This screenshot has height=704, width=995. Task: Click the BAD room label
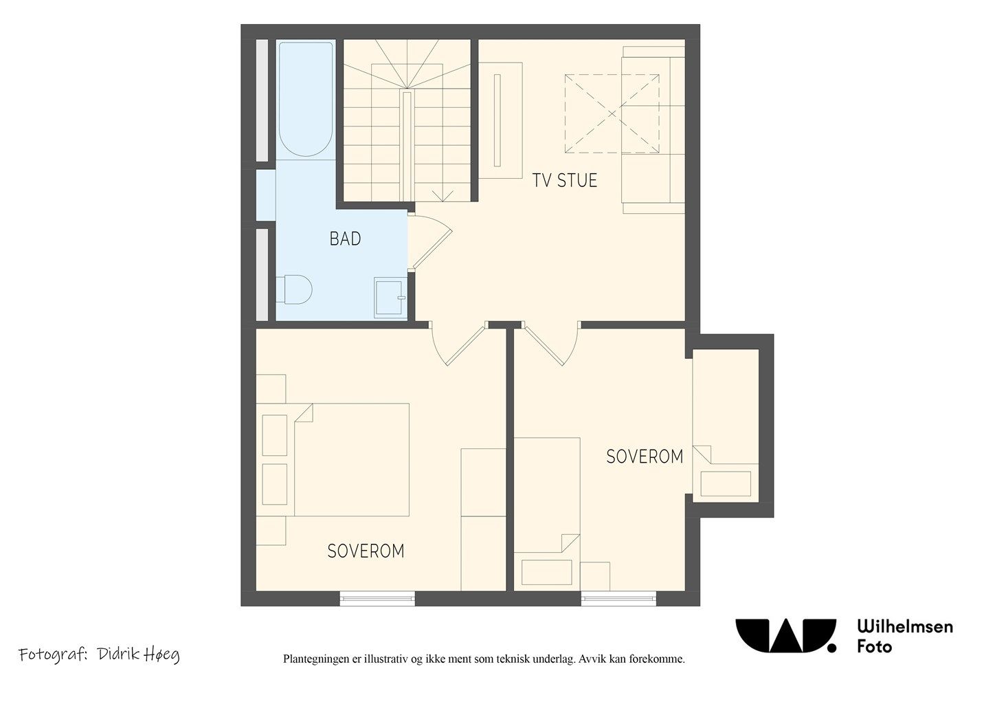tap(345, 239)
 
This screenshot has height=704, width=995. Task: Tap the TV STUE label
tap(565, 180)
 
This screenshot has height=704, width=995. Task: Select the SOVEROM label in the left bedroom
tap(366, 551)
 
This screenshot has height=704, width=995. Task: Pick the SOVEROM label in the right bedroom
tap(645, 456)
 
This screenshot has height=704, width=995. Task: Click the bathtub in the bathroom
tap(306, 100)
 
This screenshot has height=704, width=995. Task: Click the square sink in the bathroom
tap(390, 297)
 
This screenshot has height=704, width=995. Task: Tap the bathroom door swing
tap(430, 242)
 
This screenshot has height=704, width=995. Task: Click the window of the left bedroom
tap(377, 598)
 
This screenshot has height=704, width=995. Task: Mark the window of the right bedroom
tap(618, 598)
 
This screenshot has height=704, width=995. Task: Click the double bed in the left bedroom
tap(351, 459)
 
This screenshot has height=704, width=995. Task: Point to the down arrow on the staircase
tap(443, 196)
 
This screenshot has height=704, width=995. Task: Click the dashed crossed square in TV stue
tap(612, 113)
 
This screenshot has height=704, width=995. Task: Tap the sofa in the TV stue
tap(653, 130)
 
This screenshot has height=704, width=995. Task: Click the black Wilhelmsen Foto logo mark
tap(785, 635)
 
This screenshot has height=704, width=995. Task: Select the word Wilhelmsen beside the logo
tap(905, 626)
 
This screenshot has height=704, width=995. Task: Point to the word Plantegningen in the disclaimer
tap(316, 659)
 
